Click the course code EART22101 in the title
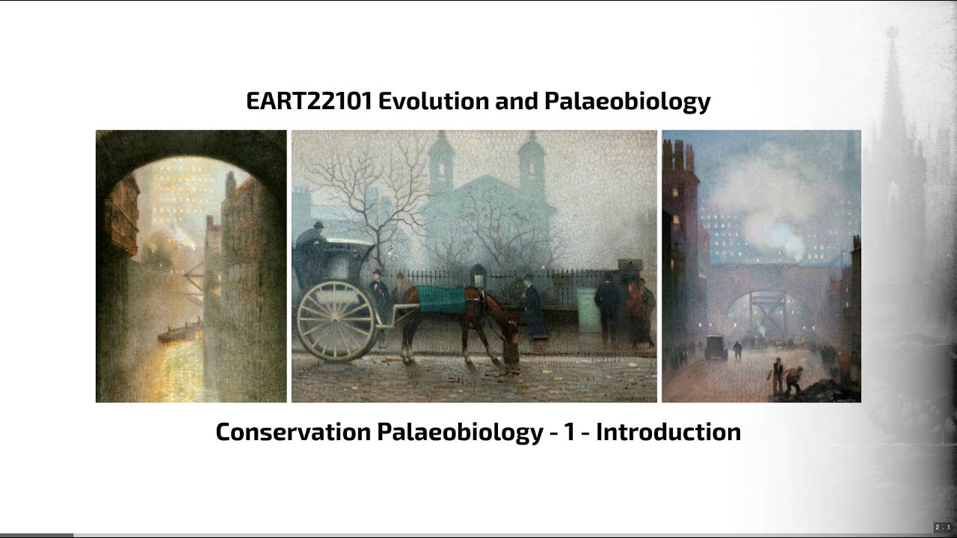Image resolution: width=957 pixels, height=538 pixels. [x=308, y=101]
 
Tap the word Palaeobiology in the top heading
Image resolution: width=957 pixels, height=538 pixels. [x=627, y=101]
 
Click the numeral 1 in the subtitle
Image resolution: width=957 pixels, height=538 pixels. [x=570, y=432]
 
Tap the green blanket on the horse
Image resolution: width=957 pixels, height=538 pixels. [x=442, y=299]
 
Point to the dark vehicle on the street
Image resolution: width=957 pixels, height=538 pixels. [x=716, y=347]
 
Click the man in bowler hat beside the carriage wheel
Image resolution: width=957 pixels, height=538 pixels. [x=379, y=295]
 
